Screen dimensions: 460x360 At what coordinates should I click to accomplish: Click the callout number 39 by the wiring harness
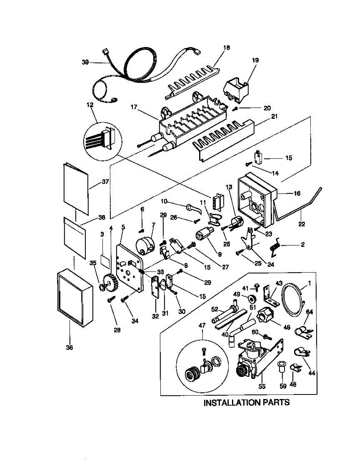tap(85, 62)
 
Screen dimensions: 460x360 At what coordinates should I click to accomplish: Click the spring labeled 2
tap(275, 246)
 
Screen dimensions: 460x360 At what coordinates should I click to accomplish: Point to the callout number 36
tap(69, 347)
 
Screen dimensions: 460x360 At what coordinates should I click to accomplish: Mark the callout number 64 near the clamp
tap(309, 312)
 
